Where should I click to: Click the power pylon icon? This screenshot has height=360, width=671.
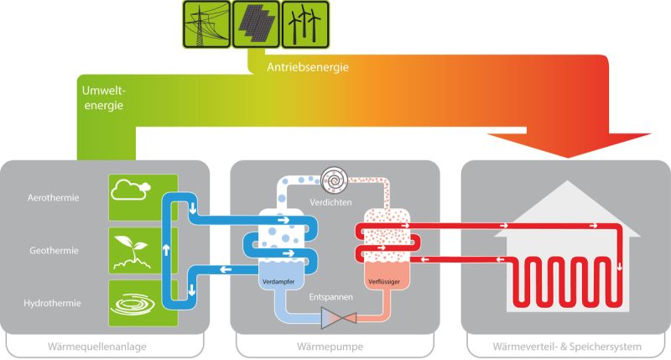(206, 24)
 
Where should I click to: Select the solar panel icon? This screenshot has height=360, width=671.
(256, 24)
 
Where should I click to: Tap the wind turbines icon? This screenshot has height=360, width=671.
(305, 24)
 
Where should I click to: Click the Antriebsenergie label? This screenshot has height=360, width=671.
(308, 67)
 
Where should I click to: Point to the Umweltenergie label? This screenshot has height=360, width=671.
(103, 98)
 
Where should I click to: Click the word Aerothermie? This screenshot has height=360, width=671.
(54, 198)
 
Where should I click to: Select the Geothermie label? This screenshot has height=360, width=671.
(54, 250)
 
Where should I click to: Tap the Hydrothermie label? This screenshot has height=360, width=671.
(52, 303)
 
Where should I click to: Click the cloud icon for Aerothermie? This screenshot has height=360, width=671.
(131, 190)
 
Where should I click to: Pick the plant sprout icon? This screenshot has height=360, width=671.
(132, 253)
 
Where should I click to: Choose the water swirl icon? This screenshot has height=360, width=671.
(133, 304)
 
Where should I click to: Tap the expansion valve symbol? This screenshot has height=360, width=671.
(339, 318)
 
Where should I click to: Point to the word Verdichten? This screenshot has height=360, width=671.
(330, 202)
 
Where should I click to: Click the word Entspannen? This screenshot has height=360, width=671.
(331, 297)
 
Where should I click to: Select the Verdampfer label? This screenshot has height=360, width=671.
(278, 282)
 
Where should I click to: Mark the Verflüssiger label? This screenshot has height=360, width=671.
(384, 282)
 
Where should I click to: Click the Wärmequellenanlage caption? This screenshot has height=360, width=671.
(97, 347)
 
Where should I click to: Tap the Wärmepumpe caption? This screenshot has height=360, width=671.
(330, 347)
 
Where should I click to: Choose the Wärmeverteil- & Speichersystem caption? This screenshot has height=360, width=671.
(567, 347)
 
